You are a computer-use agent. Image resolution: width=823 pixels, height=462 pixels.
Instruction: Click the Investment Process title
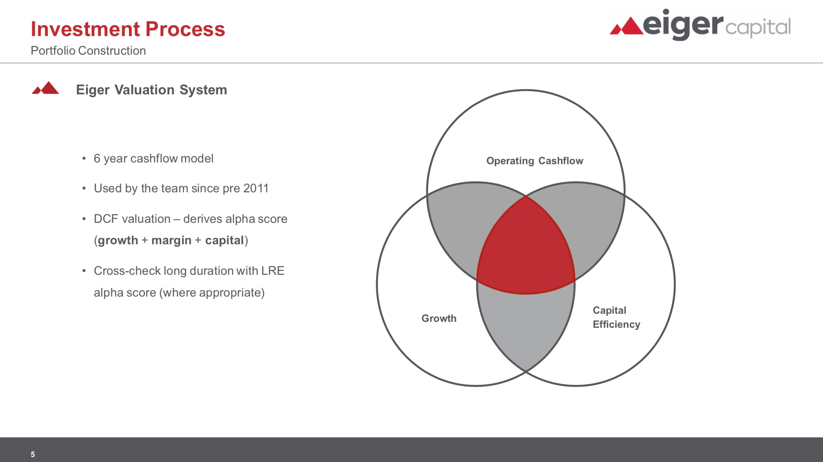pos(128,29)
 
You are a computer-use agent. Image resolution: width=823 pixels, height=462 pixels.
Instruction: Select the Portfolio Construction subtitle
pos(88,51)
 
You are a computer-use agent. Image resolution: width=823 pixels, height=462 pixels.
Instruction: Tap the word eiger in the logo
pos(683,25)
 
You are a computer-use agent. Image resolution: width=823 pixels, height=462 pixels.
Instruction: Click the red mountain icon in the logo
pos(627,26)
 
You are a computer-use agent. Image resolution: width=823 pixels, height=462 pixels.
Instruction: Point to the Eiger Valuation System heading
pos(152,90)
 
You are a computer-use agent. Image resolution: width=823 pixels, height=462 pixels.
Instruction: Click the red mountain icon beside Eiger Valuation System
pos(45,88)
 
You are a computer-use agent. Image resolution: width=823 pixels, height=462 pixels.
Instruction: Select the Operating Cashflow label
pos(535,161)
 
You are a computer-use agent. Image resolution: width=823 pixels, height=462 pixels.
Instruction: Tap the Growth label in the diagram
pos(439,318)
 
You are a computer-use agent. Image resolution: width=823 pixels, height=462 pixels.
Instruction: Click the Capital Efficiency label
pos(616,317)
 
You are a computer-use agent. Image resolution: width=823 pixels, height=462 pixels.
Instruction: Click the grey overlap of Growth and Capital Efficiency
pos(526,323)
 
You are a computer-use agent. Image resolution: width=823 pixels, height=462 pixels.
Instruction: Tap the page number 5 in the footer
pos(33,454)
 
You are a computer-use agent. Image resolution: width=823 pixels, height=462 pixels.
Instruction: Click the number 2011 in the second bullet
pos(256,189)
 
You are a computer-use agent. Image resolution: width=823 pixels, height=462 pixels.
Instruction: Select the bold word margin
pos(171,240)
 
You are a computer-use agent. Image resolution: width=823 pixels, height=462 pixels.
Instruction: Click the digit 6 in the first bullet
pos(97,159)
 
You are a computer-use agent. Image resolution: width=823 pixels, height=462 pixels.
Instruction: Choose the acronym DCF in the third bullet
pos(106,219)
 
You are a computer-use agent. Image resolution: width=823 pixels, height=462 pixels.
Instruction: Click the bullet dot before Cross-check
pos(84,271)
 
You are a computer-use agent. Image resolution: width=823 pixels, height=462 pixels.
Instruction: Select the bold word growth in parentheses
pos(118,240)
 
